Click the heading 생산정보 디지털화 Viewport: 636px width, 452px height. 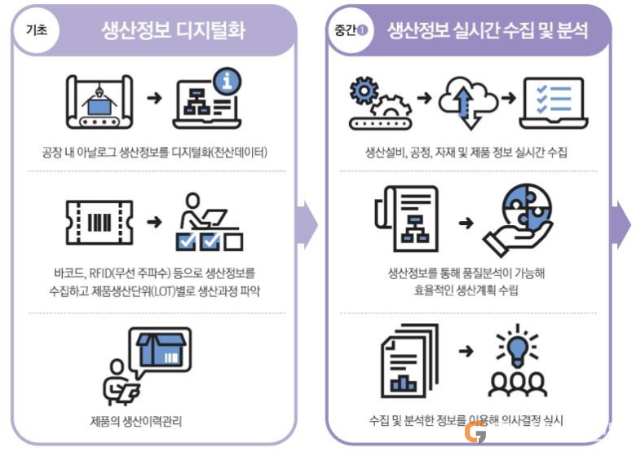pos(173,30)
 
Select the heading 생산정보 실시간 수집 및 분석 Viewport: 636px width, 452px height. pos(488,30)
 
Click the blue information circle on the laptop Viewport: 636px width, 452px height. pos(227,81)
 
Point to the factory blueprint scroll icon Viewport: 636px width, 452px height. pos(99,102)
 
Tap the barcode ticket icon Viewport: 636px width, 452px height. pos(99,223)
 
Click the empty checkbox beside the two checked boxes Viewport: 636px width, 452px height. pos(233,242)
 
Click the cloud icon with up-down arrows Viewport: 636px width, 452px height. pos(468,102)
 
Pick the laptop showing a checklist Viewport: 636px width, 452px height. pos(554,103)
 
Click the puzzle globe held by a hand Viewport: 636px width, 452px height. pos(526,208)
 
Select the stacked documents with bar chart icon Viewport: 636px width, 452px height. pos(409,361)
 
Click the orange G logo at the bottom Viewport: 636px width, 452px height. pos(475,432)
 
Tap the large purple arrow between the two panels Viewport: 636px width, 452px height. pos(309,224)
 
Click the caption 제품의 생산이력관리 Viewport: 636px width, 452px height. pos(136,421)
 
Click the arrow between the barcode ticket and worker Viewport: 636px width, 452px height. pos(154,222)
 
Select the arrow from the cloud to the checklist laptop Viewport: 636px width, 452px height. pos(508,98)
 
